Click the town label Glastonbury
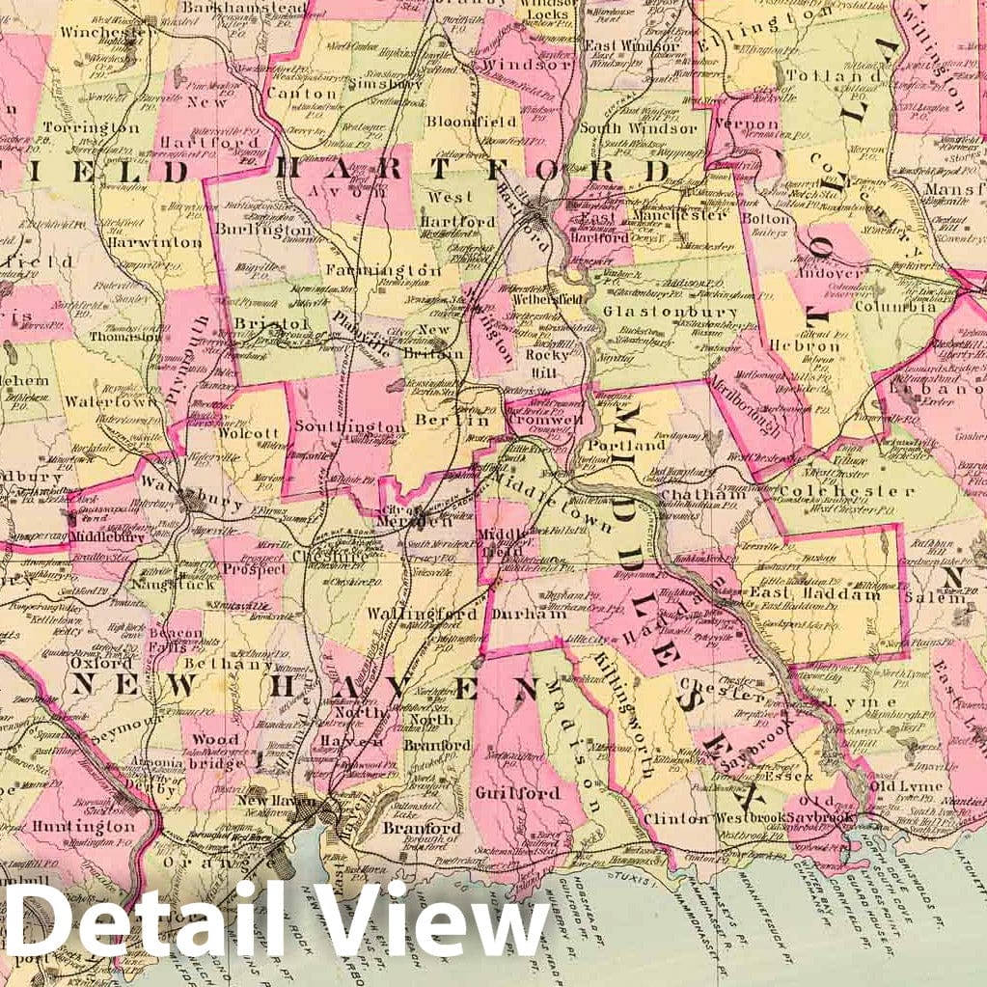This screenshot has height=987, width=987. (x=665, y=313)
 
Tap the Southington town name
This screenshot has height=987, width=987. (x=350, y=426)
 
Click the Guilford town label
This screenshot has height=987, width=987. (x=517, y=793)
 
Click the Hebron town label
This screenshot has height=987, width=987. (x=806, y=345)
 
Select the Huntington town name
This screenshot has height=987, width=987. (x=83, y=827)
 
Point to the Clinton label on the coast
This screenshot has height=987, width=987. (x=675, y=818)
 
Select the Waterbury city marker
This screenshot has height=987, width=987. (x=192, y=501)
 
